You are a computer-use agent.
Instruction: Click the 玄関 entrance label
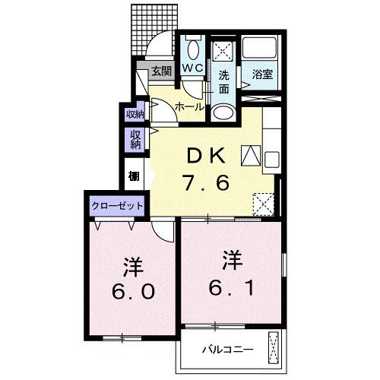point(161,72)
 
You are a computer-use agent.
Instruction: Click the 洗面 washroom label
point(224,82)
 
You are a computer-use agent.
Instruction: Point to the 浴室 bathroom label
point(263,74)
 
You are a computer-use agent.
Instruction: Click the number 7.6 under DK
point(204,182)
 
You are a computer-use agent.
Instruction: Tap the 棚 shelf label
point(134,176)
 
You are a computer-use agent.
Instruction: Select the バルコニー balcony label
point(226,350)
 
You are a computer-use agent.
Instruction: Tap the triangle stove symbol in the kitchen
point(249,155)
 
